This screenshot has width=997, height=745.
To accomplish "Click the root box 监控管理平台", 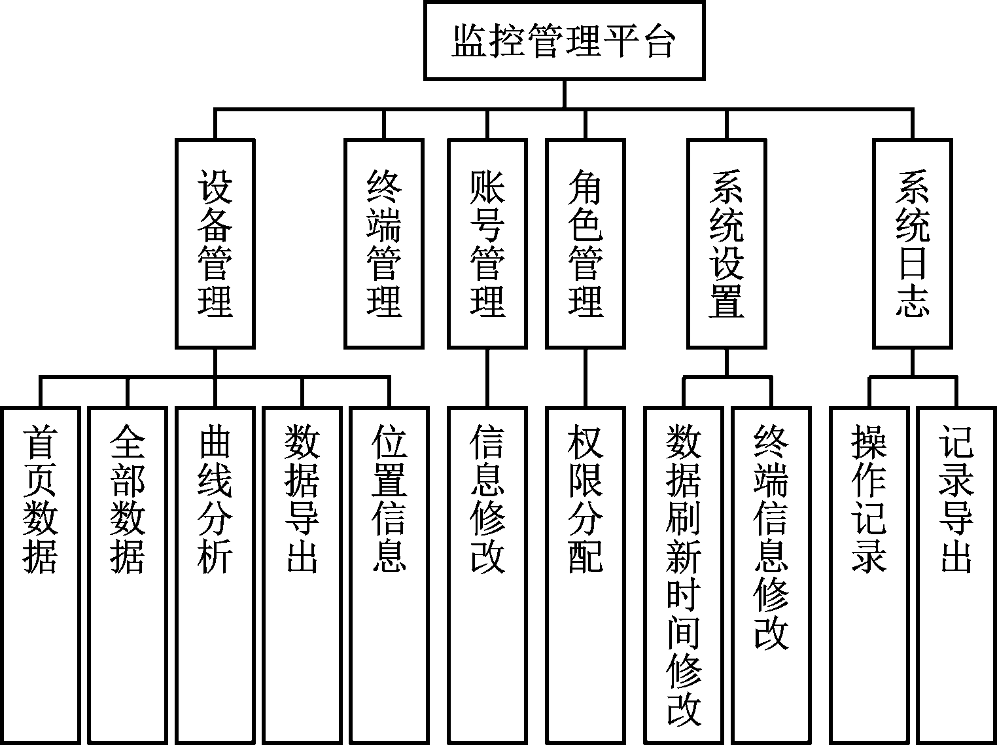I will click(564, 41).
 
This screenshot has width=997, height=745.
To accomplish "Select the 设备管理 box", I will click(215, 243).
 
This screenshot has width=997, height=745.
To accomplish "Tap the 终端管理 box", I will click(384, 243).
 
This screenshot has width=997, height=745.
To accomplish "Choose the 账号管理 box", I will click(487, 243).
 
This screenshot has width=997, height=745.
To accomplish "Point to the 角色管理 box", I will click(586, 243).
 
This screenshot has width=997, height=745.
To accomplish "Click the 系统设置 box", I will click(726, 243).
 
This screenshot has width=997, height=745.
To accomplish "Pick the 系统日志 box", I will click(913, 243).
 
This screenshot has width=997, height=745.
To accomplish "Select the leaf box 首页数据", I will click(41, 575).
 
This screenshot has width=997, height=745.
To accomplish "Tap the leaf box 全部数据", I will click(128, 575).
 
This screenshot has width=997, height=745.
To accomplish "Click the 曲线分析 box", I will click(215, 575).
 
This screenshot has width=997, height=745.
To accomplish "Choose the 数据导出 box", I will click(302, 575).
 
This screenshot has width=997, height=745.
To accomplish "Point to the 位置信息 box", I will click(389, 575).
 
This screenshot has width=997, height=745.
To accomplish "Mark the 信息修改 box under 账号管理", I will click(487, 575).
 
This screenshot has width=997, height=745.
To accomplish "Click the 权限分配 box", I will click(586, 575).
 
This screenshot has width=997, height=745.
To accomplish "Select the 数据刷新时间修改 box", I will click(684, 575).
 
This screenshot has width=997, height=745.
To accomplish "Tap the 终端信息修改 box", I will click(771, 575).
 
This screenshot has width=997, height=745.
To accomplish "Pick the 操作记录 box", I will click(869, 575).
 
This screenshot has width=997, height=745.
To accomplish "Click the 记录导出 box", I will click(956, 575).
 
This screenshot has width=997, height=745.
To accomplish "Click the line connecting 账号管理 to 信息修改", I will click(487, 378).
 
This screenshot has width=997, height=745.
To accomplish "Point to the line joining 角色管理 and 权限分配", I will click(586, 378).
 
